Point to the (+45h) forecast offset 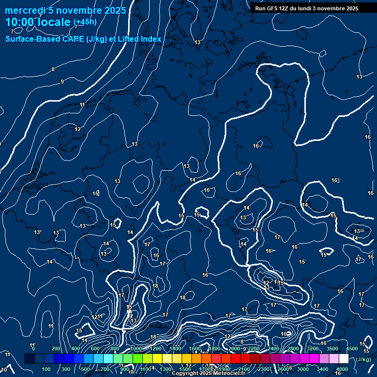pyautogui.click(x=85, y=22)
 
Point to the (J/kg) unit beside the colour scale pyautogui.click(x=363, y=359)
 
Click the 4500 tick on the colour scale pyautogui.click(x=351, y=349)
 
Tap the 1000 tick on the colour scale pyautogui.click(x=136, y=349)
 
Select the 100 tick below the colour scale pyautogui.click(x=47, y=369)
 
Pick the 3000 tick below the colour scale pyautogui.click(x=303, y=369)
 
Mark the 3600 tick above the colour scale pyautogui.click(x=332, y=349)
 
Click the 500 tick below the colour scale pyautogui.click(x=86, y=369)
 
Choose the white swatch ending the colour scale pyautogui.click(x=344, y=359)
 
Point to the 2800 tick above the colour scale pyautogui.click(x=293, y=349)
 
